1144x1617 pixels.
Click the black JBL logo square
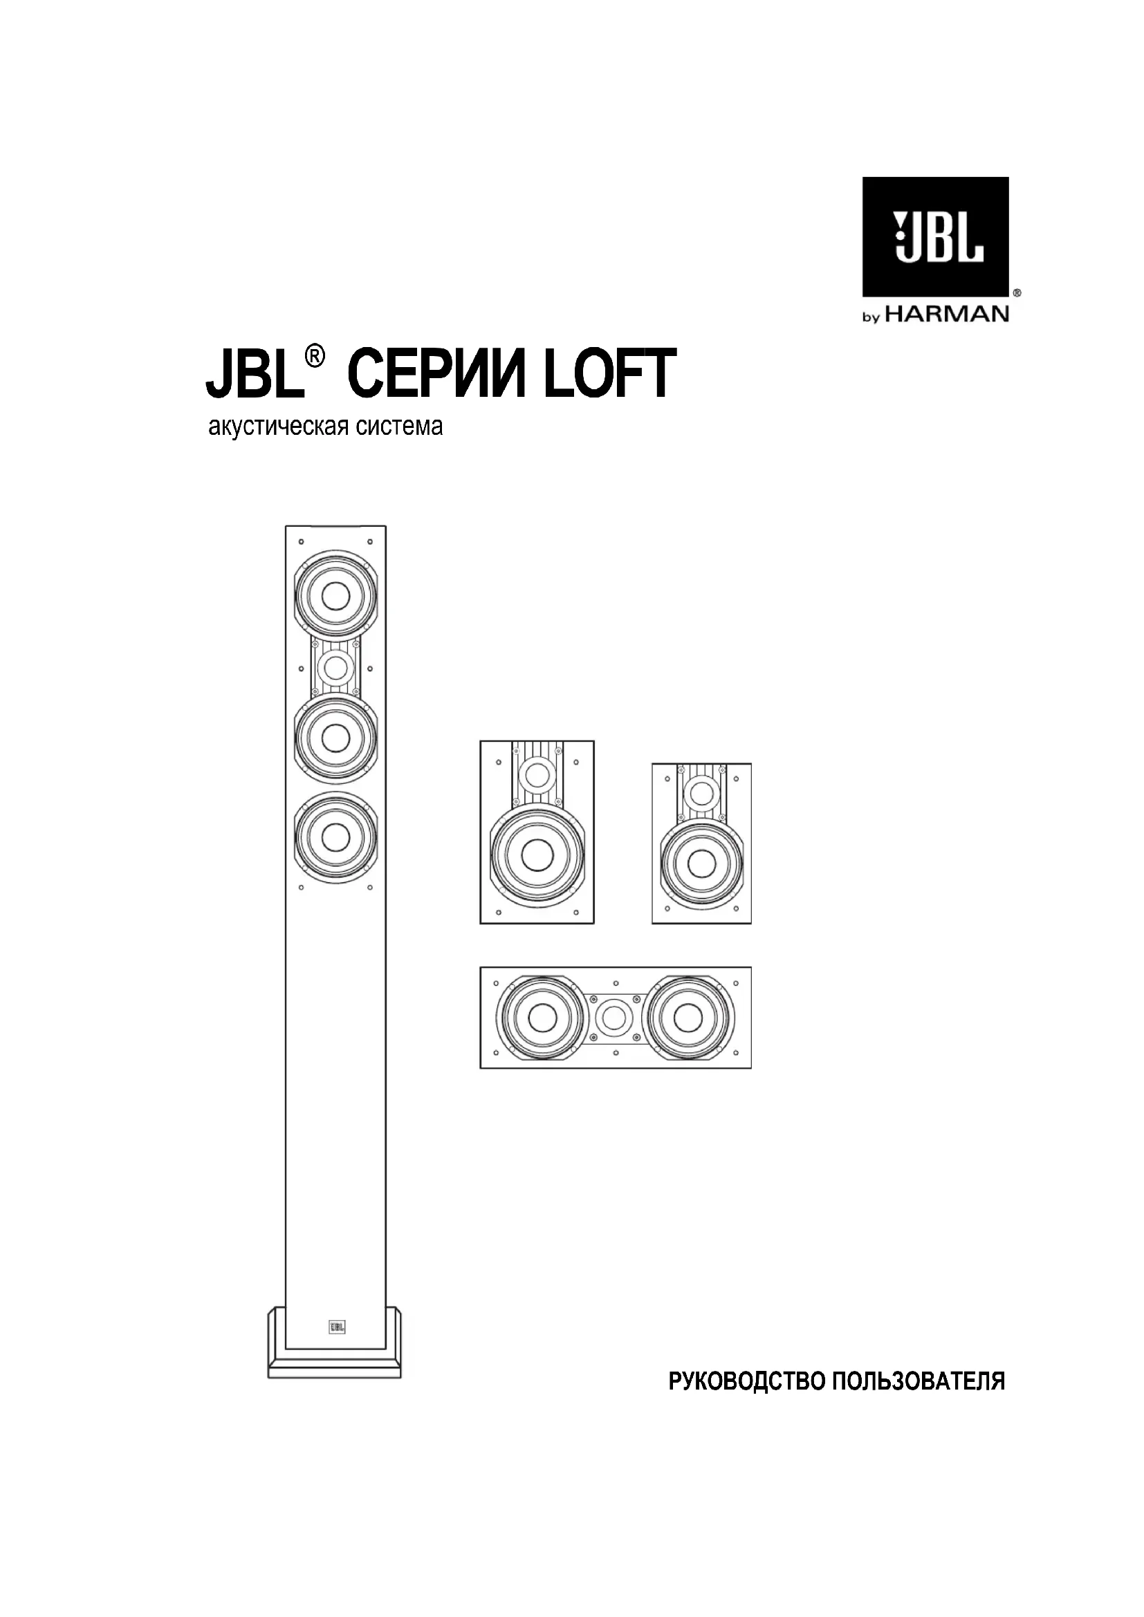pyautogui.click(x=935, y=236)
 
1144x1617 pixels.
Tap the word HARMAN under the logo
pyautogui.click(x=947, y=314)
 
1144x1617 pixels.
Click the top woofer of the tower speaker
pyautogui.click(x=335, y=596)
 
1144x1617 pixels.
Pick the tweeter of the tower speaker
pyautogui.click(x=335, y=666)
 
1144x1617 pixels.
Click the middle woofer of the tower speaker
pyautogui.click(x=335, y=738)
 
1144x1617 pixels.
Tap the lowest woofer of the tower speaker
pyautogui.click(x=335, y=837)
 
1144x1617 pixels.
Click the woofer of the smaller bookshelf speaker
pyautogui.click(x=701, y=863)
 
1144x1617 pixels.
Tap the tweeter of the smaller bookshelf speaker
pyautogui.click(x=701, y=793)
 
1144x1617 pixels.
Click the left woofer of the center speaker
pyautogui.click(x=541, y=1018)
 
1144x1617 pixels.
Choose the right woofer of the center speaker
pyautogui.click(x=687, y=1018)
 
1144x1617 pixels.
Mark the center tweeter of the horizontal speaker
pyautogui.click(x=614, y=1018)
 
